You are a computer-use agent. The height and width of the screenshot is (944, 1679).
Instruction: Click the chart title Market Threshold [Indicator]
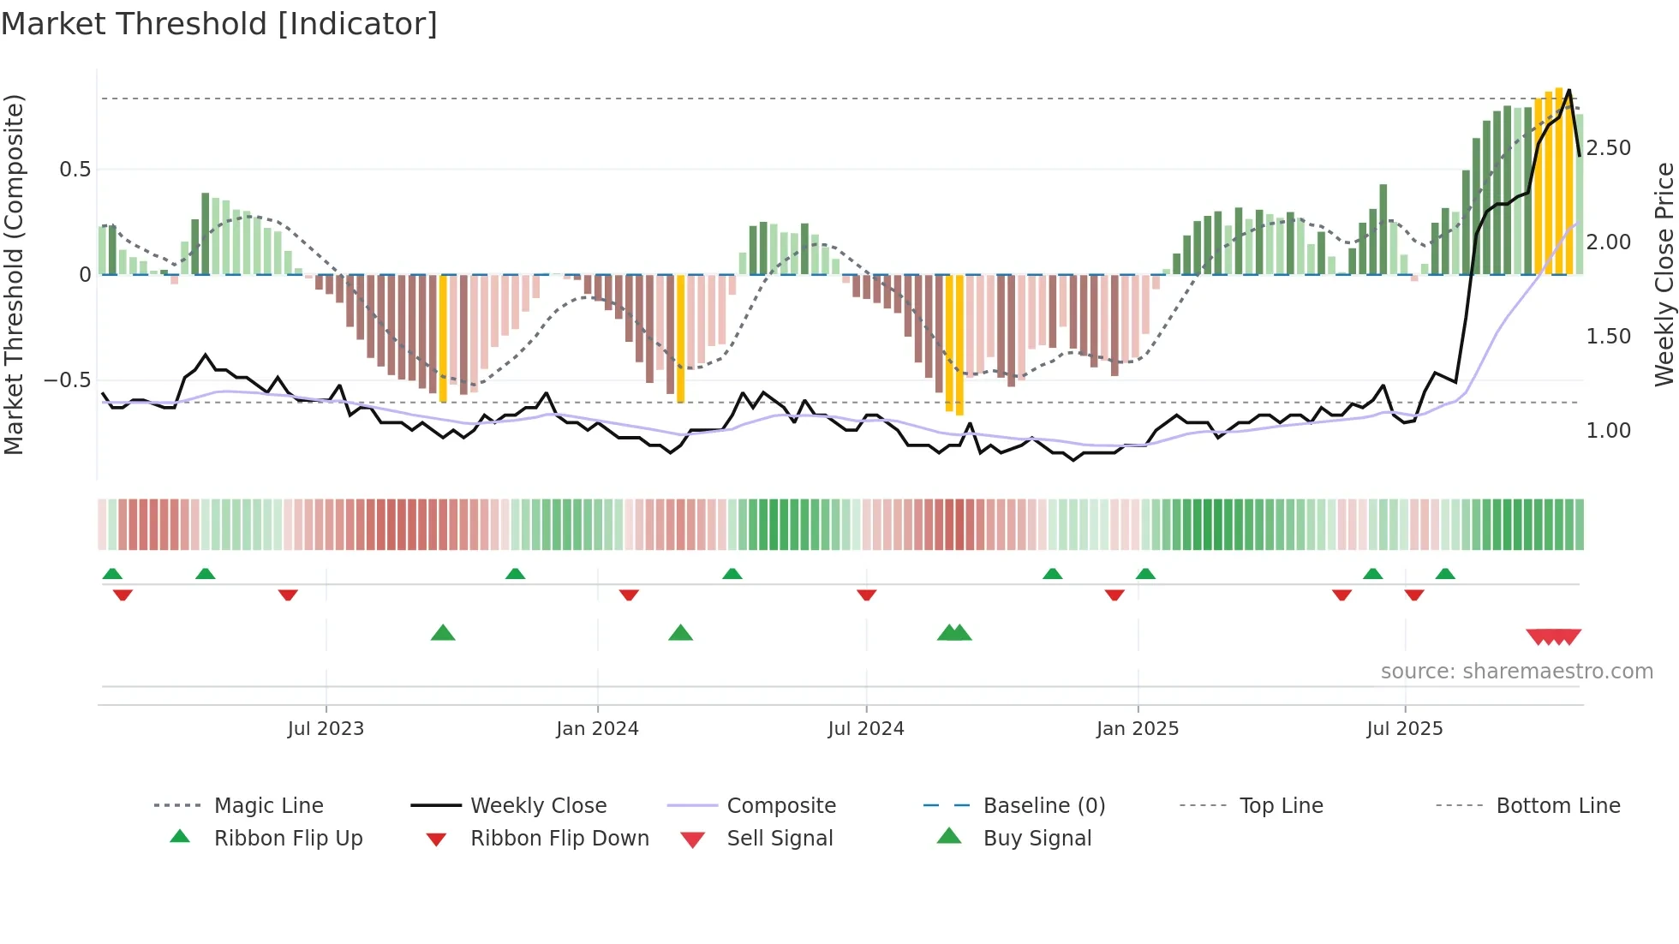(x=219, y=24)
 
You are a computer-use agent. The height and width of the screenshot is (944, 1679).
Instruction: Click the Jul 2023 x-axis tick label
(x=326, y=729)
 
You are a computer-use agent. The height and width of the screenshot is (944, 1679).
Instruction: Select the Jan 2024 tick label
(x=597, y=729)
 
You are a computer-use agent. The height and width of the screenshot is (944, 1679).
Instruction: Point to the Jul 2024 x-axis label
(x=865, y=729)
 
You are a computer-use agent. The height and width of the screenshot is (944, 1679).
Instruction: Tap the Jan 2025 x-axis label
(x=1137, y=729)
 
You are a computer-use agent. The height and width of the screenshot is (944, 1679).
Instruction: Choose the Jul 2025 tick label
(x=1404, y=729)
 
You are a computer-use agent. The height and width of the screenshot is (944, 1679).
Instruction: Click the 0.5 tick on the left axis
(x=75, y=170)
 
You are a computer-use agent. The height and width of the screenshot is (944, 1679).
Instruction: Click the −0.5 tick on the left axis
(x=67, y=380)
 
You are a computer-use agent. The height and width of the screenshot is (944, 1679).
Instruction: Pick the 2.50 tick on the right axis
(x=1608, y=148)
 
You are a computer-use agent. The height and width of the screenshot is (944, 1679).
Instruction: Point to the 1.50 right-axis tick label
(x=1608, y=337)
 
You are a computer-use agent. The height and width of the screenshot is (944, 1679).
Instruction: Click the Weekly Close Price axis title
(x=1664, y=274)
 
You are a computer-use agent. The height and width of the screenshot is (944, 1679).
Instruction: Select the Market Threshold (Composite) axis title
(x=14, y=274)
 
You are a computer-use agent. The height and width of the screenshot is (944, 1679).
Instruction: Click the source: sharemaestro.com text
(x=1516, y=672)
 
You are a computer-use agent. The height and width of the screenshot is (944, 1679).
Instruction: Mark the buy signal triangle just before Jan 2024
(x=443, y=633)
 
